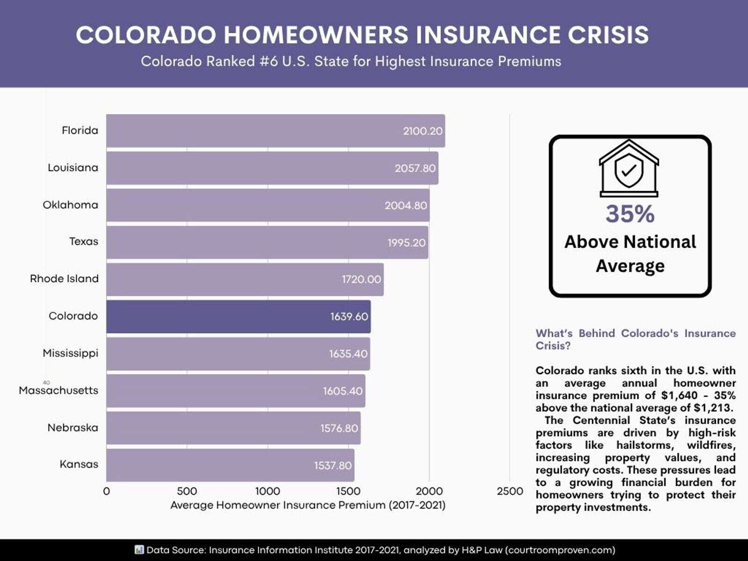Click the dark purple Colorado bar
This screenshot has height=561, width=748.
pos(238,316)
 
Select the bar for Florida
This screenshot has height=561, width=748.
pos(275,131)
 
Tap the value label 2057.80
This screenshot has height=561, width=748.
pos(415,168)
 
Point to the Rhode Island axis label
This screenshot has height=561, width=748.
pos(64,279)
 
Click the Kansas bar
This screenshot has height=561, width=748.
pos(230,465)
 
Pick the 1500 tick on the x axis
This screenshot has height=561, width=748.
pos(348,491)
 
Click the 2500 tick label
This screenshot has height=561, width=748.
pos(510,491)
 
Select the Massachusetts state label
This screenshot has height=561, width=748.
pos(58,390)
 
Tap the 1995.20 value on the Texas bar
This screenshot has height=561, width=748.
pos(407,243)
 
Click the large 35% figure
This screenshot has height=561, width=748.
pos(630,214)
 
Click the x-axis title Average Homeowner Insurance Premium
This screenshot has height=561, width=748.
pos(308,505)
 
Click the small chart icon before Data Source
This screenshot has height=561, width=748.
pos(139,549)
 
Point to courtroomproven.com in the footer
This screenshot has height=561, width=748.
pos(560,550)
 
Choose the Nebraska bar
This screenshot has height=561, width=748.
pos(233,428)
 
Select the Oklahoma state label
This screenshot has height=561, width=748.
pos(71,205)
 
